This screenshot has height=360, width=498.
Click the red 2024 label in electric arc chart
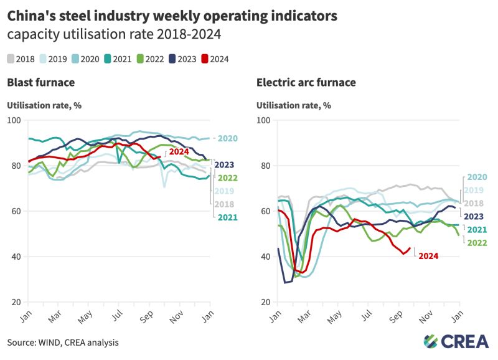(x=428, y=255)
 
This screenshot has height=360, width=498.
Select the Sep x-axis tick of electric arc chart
(x=398, y=316)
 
